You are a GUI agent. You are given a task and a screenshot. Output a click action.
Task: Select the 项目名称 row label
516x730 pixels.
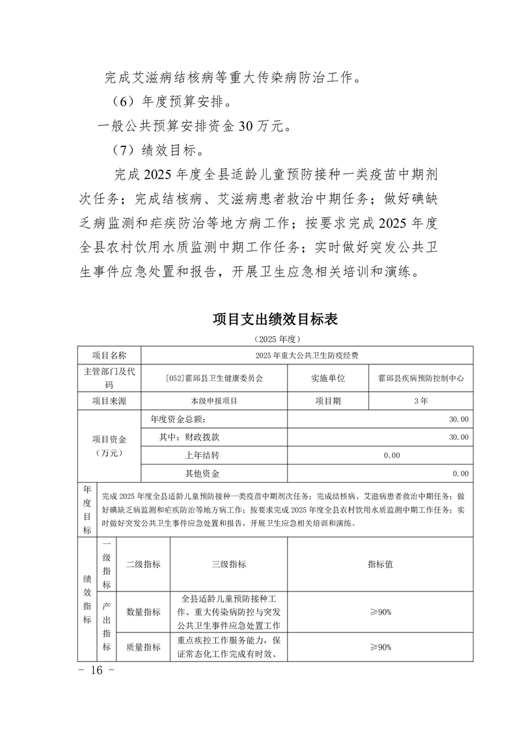109,355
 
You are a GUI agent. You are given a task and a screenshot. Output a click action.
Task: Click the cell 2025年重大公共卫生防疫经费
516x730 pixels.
306,355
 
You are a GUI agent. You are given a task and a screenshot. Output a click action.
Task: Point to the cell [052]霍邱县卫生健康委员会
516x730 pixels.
214,377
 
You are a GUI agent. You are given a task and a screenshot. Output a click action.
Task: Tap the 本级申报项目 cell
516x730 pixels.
214,401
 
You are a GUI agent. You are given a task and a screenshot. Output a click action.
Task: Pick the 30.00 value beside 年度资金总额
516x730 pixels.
458,419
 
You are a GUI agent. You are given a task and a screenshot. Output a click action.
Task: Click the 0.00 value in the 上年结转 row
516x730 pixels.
391,455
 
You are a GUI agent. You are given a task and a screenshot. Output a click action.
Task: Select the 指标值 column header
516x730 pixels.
380,564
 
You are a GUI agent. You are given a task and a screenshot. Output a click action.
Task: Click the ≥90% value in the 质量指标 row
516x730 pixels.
380,647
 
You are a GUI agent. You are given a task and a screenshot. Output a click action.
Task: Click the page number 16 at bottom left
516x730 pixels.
97,670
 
